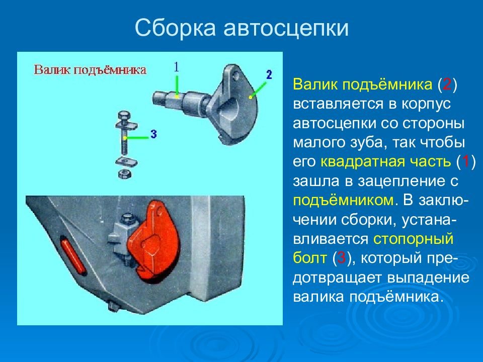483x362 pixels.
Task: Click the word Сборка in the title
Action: (175, 28)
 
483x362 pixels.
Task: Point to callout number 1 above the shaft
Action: (176, 66)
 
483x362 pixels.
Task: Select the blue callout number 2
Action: (269, 74)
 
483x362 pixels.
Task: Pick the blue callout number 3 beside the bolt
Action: (153, 134)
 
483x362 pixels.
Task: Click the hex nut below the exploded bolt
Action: (125, 173)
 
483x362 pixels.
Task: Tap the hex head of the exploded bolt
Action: (124, 116)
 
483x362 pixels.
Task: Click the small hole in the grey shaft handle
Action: (235, 75)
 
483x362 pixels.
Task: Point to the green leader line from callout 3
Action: (136, 138)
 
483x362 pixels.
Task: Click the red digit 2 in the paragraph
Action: (447, 84)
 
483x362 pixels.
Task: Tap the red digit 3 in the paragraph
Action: (342, 257)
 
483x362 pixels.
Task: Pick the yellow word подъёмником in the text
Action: (343, 200)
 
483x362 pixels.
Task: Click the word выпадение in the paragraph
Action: (428, 278)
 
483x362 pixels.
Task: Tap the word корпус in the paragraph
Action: (426, 104)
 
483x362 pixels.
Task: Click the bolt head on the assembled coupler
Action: (127, 219)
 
